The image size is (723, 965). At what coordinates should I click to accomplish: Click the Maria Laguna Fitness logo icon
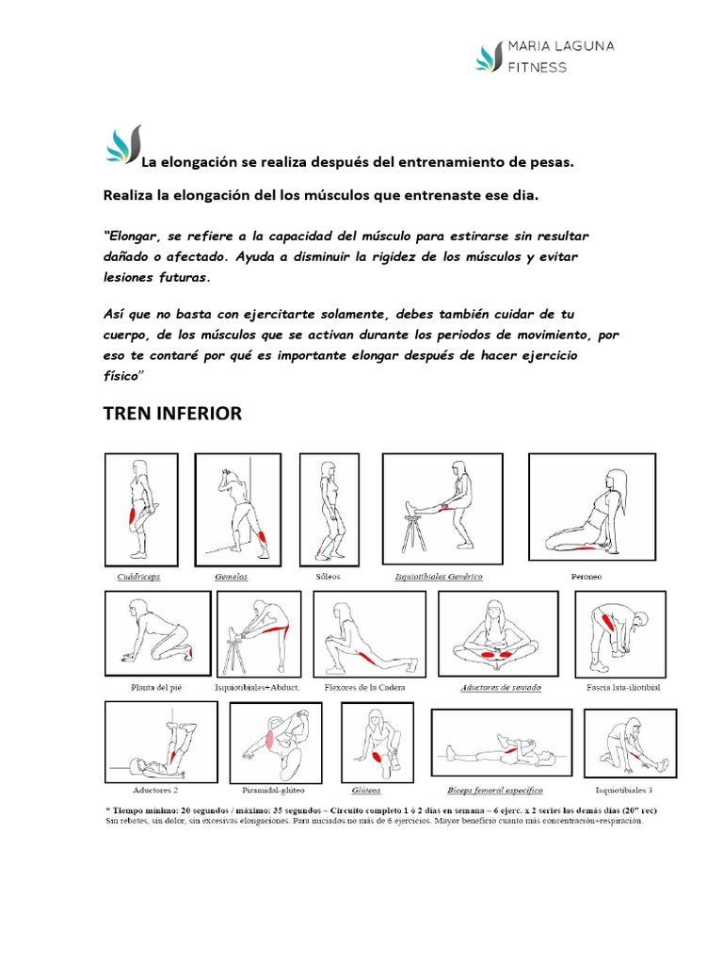pyautogui.click(x=490, y=57)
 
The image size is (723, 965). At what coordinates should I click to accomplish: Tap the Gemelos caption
pyautogui.click(x=232, y=575)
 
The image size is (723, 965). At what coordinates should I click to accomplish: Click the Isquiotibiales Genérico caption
pyautogui.click(x=439, y=575)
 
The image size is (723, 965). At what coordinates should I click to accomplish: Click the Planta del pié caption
pyautogui.click(x=156, y=687)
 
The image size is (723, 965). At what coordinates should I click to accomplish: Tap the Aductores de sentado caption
pyautogui.click(x=500, y=687)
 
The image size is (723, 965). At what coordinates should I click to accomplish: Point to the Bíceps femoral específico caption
pyautogui.click(x=497, y=790)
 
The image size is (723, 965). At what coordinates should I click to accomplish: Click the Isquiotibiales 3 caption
pyautogui.click(x=624, y=790)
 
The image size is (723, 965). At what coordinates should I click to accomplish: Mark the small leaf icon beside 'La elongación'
pyautogui.click(x=122, y=146)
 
